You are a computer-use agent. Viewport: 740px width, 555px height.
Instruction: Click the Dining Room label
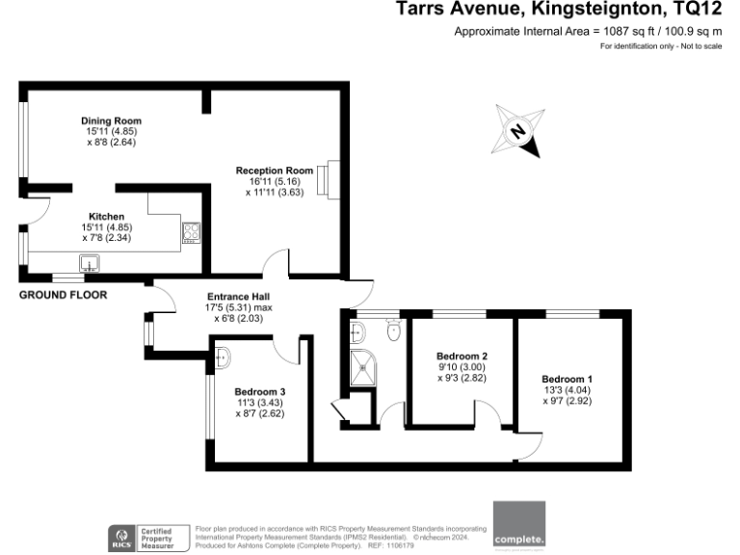pos(106,120)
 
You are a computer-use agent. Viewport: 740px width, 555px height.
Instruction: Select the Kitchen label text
pos(106,216)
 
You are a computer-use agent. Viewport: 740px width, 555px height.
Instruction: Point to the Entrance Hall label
pos(238,296)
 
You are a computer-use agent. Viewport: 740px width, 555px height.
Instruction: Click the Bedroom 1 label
pos(567,379)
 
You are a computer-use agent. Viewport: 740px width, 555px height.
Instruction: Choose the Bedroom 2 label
pos(462,356)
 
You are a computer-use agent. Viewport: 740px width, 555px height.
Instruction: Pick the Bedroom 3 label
pos(260,391)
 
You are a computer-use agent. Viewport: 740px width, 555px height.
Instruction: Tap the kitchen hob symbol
pos(191,231)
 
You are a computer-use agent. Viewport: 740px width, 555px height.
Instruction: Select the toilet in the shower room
pos(393,332)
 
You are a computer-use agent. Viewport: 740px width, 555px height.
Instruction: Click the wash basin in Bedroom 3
pos(222,357)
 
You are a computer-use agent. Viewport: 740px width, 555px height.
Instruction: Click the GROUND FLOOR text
pos(63,295)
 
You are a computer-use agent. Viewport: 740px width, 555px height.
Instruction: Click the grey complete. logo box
pos(518,526)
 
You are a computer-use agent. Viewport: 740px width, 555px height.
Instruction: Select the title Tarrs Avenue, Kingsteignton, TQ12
pos(559,11)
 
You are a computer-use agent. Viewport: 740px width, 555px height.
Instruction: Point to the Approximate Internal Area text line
pos(588,32)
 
